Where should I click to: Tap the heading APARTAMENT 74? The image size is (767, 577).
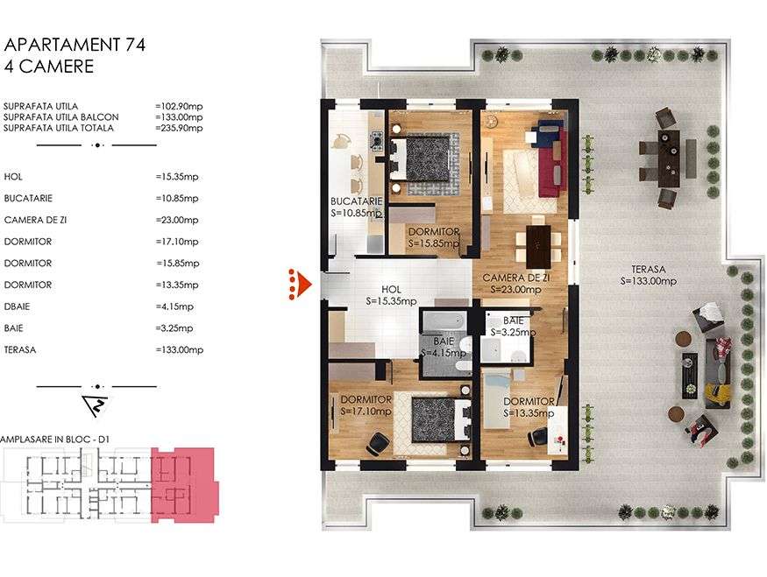click(75, 45)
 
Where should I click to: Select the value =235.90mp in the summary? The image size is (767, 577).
click(179, 128)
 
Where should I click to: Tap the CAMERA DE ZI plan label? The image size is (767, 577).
click(515, 277)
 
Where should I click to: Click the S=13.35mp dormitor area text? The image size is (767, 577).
click(529, 413)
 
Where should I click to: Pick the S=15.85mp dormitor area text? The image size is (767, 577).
click(434, 243)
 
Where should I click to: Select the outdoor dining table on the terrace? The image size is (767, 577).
click(669, 154)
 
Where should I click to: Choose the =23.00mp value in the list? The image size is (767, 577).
click(177, 221)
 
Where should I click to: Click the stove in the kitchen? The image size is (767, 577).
click(375, 140)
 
